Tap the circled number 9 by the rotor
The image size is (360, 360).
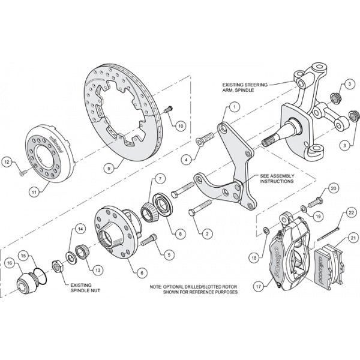tap(110, 170)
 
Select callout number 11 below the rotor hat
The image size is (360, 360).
tap(34, 191)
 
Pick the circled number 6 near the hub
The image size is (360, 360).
tap(142, 272)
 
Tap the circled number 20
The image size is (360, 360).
tap(334, 188)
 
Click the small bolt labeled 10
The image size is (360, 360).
tap(168, 109)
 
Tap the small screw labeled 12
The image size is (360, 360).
tap(21, 172)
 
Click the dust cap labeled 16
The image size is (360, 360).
tap(28, 282)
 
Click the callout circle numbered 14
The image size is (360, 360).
tap(80, 228)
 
